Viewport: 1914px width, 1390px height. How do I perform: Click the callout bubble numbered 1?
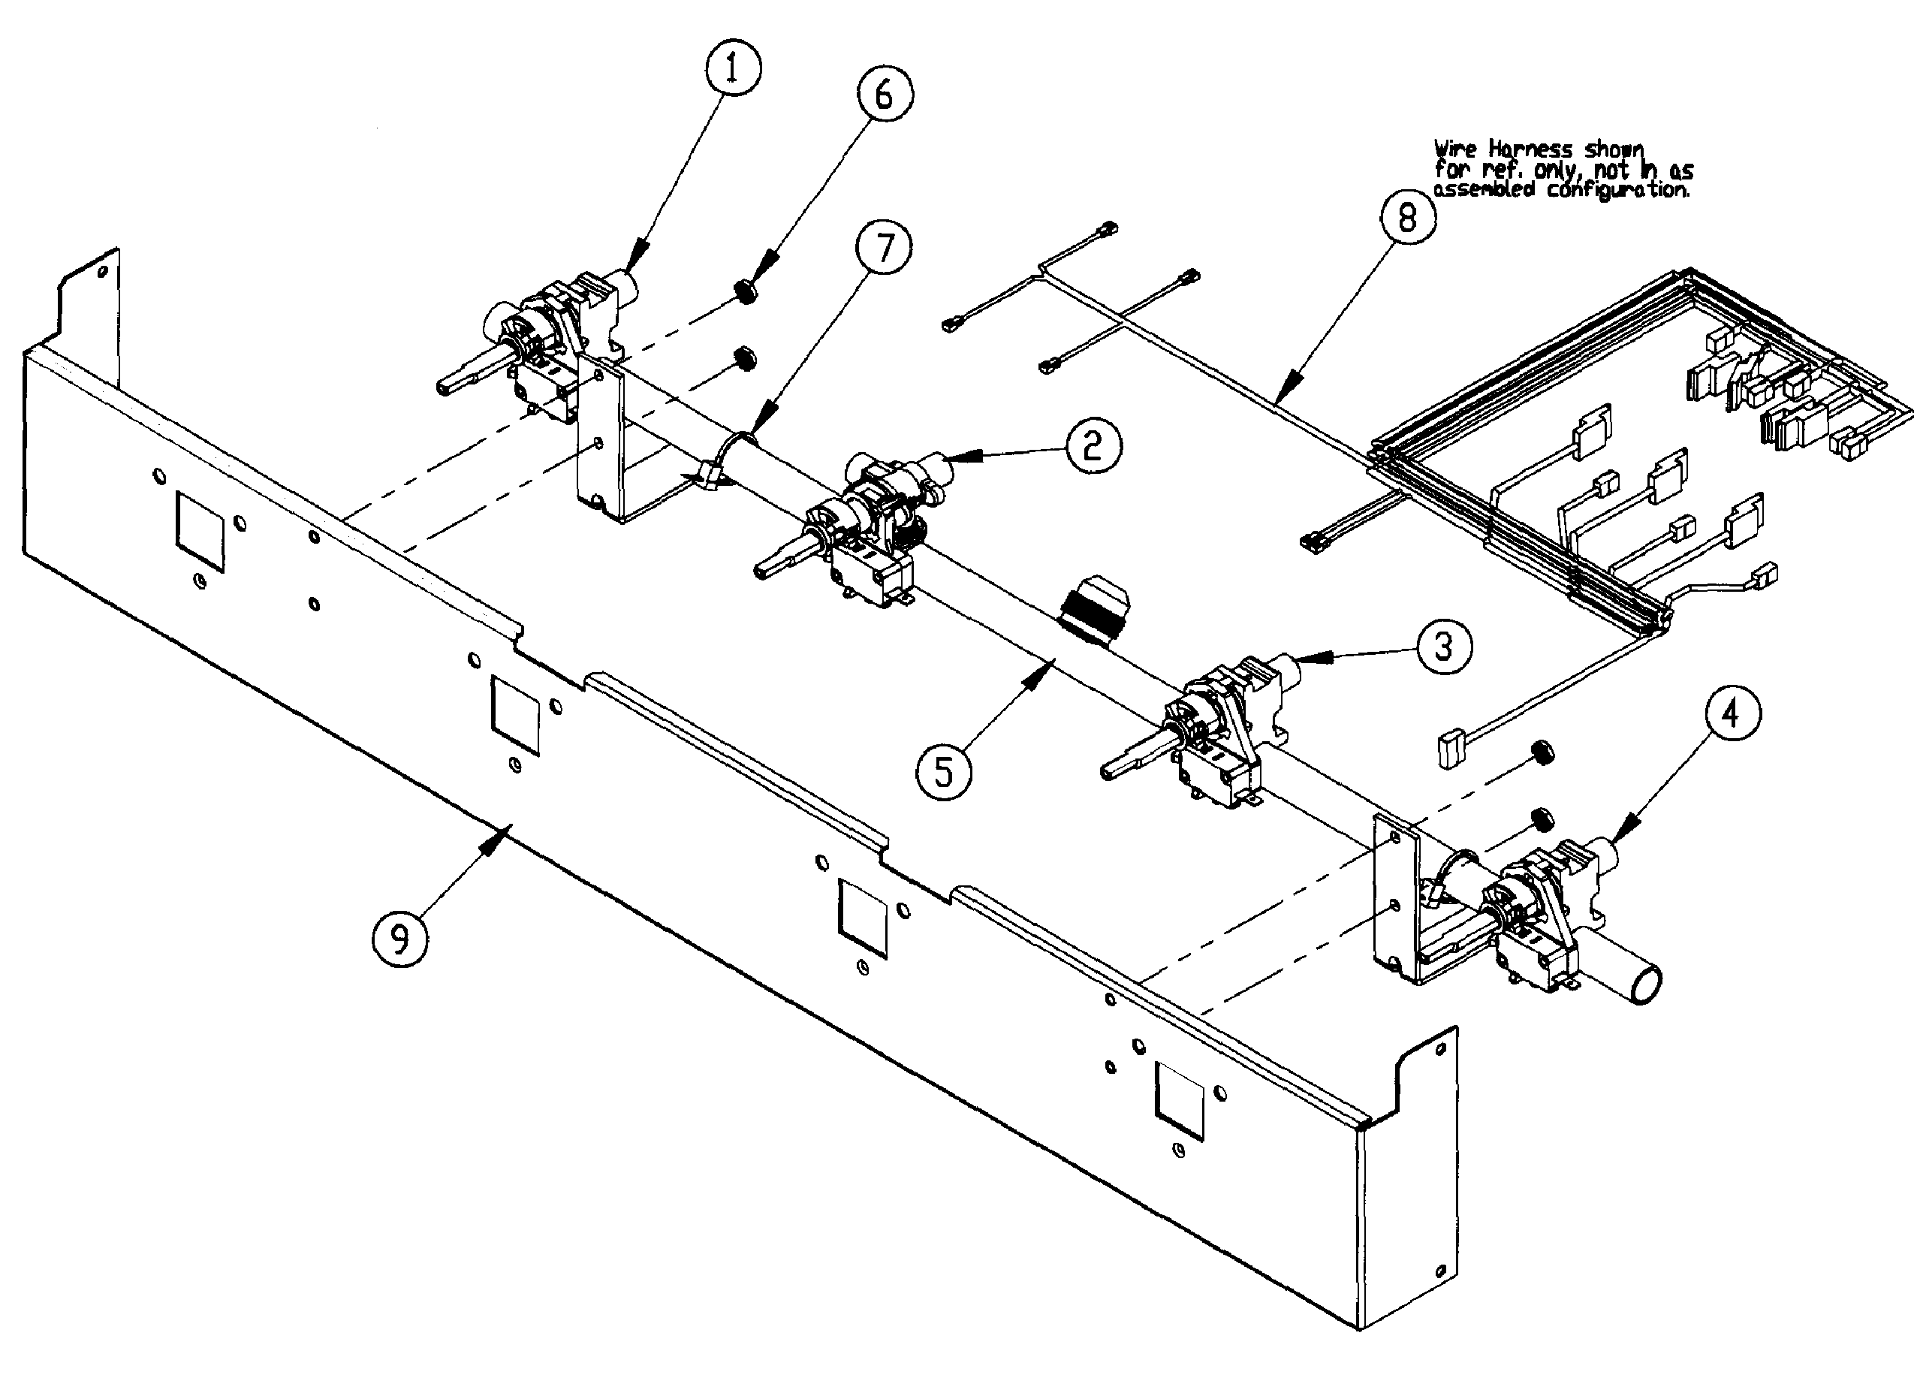point(731,68)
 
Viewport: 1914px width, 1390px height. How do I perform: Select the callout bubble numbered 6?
point(885,94)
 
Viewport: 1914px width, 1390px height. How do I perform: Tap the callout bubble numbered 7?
point(884,248)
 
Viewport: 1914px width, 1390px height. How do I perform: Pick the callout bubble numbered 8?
point(1408,218)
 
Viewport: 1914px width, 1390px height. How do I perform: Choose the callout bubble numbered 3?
point(1444,647)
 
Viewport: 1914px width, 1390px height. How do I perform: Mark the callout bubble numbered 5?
point(944,772)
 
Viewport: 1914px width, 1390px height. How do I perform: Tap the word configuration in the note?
point(1619,190)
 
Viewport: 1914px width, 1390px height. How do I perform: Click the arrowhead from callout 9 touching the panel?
point(505,832)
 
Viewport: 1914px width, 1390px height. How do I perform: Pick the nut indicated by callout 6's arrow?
point(746,292)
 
